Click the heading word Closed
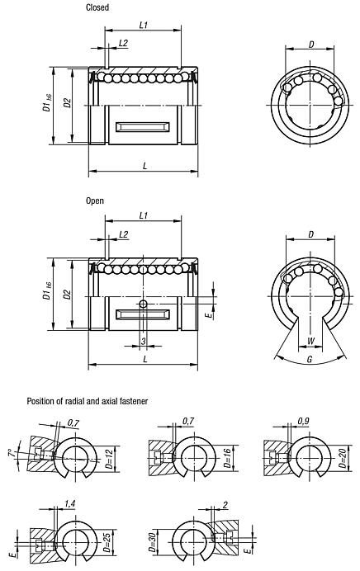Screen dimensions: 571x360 pyautogui.click(x=97, y=7)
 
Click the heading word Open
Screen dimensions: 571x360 pyautogui.click(x=95, y=200)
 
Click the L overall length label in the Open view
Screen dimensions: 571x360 pyautogui.click(x=144, y=358)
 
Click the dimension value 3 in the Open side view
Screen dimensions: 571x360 pyautogui.click(x=120, y=341)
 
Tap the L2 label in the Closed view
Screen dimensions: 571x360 pyautogui.click(x=123, y=42)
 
